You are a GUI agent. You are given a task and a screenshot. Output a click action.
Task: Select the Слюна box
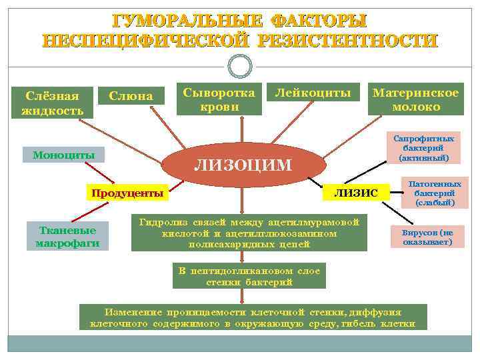[x=131, y=97]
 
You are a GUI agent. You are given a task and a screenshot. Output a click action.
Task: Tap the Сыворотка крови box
[x=219, y=100]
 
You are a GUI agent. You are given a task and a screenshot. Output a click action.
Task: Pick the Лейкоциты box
[x=313, y=94]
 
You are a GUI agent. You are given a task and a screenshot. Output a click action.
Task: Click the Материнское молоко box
[x=416, y=100]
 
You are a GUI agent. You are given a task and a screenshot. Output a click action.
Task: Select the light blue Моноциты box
[x=64, y=155]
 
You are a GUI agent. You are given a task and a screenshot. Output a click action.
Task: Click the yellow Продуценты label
[x=127, y=193]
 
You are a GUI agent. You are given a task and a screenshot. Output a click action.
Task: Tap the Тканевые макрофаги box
[x=67, y=236]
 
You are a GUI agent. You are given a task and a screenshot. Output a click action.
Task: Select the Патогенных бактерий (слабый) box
[x=434, y=192]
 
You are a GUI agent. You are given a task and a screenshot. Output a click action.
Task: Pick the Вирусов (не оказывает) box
[x=427, y=237]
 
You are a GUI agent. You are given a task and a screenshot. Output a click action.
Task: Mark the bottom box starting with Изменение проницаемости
[x=253, y=317]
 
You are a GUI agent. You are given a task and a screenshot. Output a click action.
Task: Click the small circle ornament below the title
[x=239, y=65]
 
